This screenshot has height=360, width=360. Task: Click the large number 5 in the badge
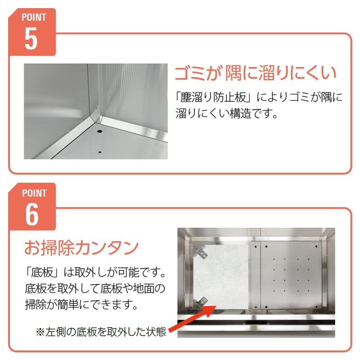[31, 38]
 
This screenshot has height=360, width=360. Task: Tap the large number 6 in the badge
[31, 214]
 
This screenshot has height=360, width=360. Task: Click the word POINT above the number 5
[34, 17]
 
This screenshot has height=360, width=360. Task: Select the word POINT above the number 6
[34, 193]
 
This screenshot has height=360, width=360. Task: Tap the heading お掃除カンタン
[81, 248]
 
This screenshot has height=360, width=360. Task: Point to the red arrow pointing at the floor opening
[193, 319]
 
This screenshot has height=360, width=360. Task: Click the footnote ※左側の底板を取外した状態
[101, 332]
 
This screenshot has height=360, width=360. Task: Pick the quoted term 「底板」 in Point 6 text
[43, 272]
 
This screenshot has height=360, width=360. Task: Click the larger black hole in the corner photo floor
[100, 131]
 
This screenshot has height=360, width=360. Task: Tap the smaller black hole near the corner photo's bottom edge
[99, 152]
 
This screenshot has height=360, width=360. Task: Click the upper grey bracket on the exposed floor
[200, 251]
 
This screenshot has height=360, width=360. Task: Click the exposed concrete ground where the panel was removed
[221, 275]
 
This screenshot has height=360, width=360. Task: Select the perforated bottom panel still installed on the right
[291, 275]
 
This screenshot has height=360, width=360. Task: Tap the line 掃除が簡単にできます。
[81, 305]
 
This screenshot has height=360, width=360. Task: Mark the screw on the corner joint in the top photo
[97, 108]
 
